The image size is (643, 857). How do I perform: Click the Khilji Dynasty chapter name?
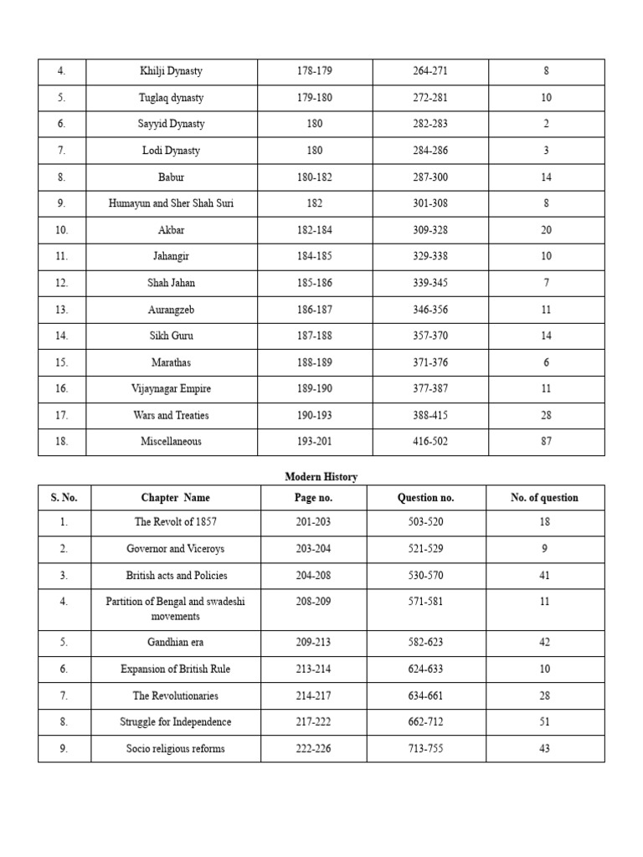tap(171, 71)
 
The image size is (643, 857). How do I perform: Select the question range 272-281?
tap(430, 98)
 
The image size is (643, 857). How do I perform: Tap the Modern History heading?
tap(321, 477)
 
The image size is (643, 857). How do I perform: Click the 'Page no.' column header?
tap(313, 498)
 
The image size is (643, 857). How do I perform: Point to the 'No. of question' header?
tap(544, 498)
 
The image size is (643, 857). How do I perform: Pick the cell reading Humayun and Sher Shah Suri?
tap(171, 203)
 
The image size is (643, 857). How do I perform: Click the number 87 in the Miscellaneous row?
tap(546, 442)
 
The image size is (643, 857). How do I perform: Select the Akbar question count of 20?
tap(546, 230)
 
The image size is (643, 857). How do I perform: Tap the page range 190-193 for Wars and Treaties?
tap(314, 415)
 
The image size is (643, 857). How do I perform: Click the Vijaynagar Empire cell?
tap(171, 389)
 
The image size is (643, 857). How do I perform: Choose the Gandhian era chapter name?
tap(175, 644)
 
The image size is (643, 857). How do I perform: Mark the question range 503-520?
tap(425, 522)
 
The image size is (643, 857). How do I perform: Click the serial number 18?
tap(61, 442)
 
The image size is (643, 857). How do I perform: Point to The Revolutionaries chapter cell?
tap(175, 695)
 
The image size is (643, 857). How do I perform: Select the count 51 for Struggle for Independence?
tap(544, 722)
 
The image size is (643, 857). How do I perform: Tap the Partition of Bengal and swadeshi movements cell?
tap(175, 608)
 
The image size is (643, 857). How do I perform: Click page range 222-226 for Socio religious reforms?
tap(313, 749)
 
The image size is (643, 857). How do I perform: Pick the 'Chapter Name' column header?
tap(175, 498)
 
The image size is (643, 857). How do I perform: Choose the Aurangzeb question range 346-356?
tap(430, 310)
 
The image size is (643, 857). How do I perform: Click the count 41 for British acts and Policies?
tap(544, 576)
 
